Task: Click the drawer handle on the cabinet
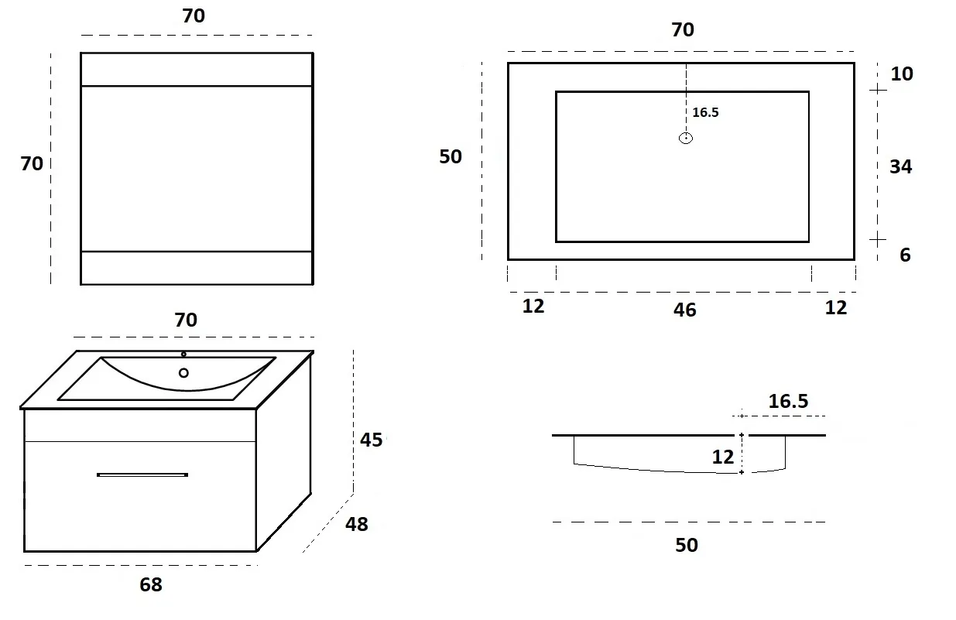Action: coord(142,474)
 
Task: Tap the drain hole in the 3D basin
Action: coord(183,373)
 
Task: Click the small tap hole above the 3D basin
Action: coord(183,355)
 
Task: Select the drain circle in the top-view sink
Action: coord(685,139)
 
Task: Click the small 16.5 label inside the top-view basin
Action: coord(705,112)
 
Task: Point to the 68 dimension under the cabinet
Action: coord(151,584)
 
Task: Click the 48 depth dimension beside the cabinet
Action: coord(356,524)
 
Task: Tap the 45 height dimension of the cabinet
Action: coord(371,440)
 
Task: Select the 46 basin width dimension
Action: coord(684,310)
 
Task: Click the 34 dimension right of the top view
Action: coord(900,166)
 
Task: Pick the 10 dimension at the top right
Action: coord(901,74)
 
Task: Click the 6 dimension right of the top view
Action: coord(905,255)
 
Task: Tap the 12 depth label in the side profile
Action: coord(722,457)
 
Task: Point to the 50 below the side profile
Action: coord(687,545)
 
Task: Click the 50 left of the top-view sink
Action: coord(451,156)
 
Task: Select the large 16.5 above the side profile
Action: coord(788,401)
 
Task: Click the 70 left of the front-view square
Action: coord(32,163)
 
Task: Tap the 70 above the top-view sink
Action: coord(683,29)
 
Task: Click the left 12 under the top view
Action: coord(533,307)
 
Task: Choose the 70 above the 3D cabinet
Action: coord(186,320)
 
